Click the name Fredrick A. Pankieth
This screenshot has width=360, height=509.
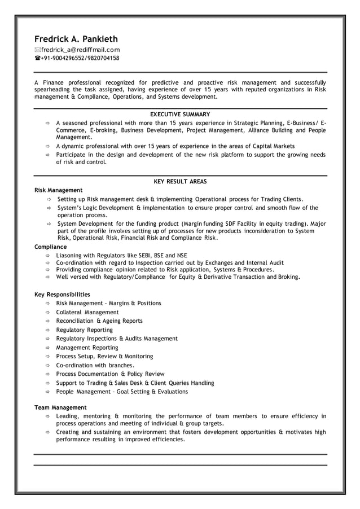[x=76, y=39]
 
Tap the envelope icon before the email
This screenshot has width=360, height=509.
[x=37, y=50]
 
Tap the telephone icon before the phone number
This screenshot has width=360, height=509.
[x=37, y=58]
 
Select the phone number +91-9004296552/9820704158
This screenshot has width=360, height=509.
[x=80, y=58]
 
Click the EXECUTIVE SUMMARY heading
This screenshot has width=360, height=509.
[x=180, y=114]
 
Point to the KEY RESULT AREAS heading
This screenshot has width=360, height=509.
[x=180, y=182]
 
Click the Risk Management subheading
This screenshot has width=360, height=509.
[x=58, y=190]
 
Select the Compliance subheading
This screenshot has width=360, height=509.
[x=50, y=247]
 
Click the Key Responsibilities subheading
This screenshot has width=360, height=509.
[x=62, y=295]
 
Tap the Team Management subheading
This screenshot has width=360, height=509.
[x=60, y=407]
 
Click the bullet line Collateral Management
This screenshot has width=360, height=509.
[x=87, y=312]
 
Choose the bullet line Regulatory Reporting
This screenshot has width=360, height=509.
[x=84, y=330]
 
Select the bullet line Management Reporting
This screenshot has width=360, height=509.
[x=87, y=348]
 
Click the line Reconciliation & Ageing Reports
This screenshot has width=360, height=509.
[x=99, y=321]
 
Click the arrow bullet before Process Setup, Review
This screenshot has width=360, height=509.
[x=48, y=357]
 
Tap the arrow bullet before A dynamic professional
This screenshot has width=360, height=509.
[x=48, y=146]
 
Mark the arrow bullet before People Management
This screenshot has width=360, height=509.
[x=48, y=392]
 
